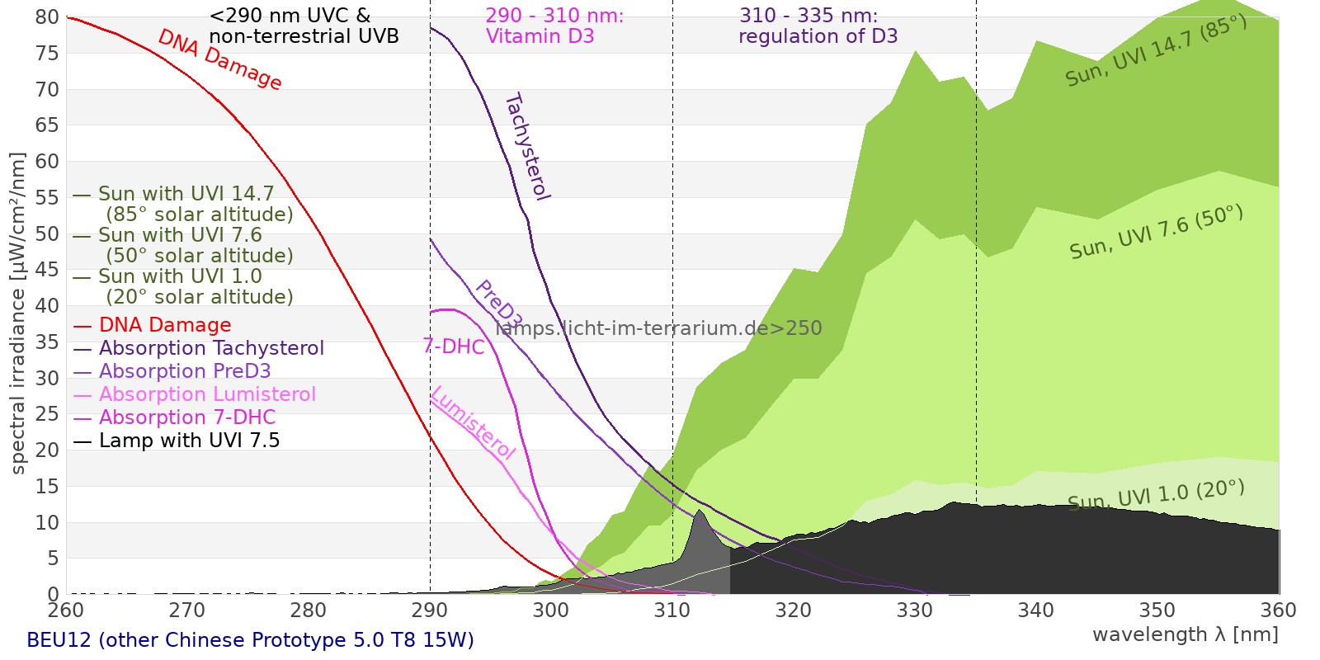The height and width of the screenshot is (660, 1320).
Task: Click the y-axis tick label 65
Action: (47, 125)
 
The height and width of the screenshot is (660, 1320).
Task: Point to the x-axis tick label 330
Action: (914, 610)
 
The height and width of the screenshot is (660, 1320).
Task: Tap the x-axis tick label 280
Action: (309, 610)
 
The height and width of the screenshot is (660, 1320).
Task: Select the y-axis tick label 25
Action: (47, 414)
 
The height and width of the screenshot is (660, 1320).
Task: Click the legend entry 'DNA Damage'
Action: (165, 325)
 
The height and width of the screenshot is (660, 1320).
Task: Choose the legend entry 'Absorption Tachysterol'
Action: (211, 348)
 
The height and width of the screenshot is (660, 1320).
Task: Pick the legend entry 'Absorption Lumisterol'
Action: (207, 394)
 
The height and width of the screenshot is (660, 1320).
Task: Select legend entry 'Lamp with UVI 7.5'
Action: (189, 441)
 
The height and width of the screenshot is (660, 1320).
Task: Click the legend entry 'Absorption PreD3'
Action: (185, 371)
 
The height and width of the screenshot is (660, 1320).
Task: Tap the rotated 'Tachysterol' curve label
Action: (527, 147)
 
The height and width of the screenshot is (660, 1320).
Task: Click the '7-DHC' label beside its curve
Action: (454, 346)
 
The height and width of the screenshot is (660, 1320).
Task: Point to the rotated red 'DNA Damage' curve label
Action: (219, 59)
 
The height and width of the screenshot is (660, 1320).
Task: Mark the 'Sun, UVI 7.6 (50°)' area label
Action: (1156, 233)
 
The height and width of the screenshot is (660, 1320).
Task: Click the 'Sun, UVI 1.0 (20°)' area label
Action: (1156, 495)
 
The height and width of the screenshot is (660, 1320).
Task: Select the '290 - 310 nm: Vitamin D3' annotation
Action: (554, 26)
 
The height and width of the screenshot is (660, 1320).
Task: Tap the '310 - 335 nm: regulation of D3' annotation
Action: (818, 26)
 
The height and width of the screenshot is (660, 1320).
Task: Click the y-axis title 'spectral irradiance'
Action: (18, 313)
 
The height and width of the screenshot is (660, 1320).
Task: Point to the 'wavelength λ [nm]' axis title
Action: (1185, 634)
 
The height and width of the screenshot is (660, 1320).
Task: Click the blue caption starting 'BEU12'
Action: (250, 640)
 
